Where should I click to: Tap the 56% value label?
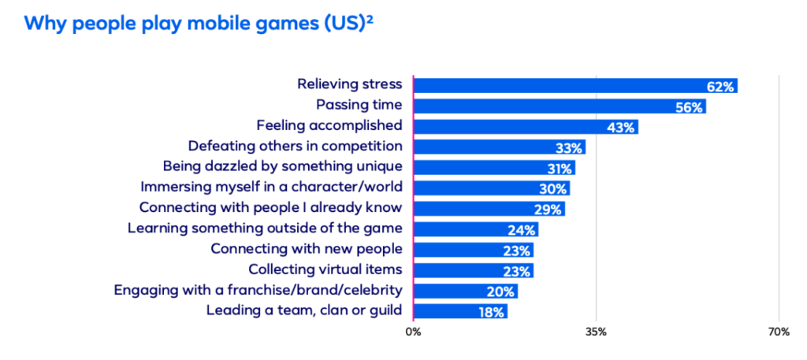(689, 106)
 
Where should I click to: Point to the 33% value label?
(568, 147)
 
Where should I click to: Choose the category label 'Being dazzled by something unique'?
(282, 167)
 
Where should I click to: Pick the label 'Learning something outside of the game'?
(265, 228)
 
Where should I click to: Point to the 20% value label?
(501, 291)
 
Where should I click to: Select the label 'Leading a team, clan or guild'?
(304, 310)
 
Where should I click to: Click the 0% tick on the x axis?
(413, 332)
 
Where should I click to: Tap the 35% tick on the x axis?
(596, 332)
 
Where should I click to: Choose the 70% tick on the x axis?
(779, 332)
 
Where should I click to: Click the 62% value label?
(720, 86)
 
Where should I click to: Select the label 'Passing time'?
(359, 105)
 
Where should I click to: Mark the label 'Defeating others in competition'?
(296, 147)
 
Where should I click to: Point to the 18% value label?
(491, 311)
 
